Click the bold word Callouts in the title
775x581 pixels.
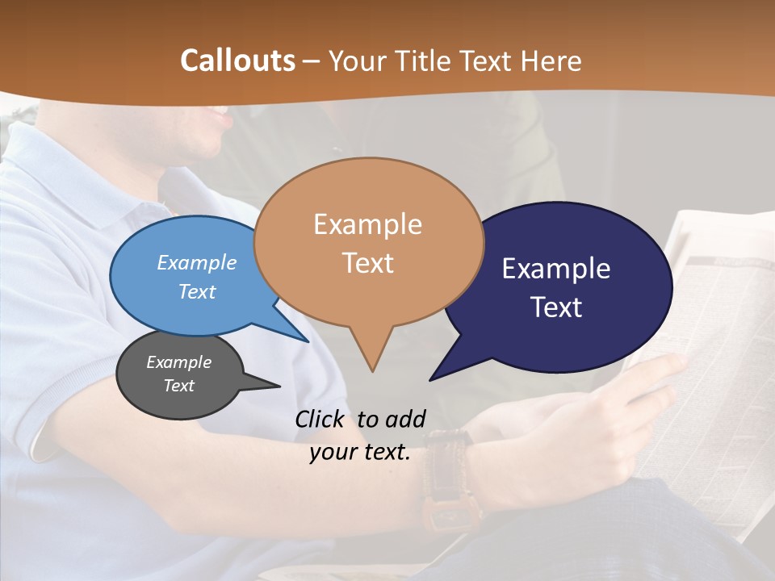point(237,61)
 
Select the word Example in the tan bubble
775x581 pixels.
point(367,224)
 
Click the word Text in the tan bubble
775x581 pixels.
point(367,263)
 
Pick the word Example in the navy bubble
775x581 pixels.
point(556,269)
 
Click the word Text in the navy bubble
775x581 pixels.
point(556,307)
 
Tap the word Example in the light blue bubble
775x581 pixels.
point(197,262)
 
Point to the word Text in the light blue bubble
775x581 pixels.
point(197,291)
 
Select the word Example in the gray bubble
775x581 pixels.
point(178,362)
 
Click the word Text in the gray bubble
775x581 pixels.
point(178,386)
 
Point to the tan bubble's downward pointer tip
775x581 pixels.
point(372,371)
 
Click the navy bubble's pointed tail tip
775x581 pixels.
point(430,379)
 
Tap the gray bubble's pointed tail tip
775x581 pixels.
point(279,386)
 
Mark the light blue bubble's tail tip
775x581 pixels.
point(308,341)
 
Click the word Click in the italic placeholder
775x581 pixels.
point(322,420)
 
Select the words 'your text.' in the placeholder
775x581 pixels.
point(360,453)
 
